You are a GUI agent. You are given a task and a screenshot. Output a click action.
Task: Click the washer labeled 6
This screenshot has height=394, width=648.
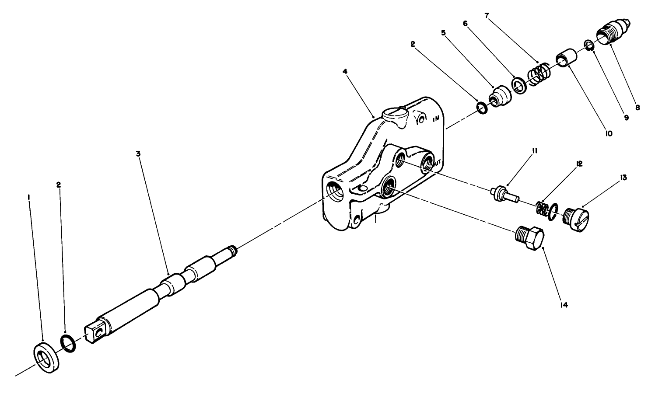519,86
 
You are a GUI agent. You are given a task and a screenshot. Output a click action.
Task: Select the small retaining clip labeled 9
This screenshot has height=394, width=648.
589,45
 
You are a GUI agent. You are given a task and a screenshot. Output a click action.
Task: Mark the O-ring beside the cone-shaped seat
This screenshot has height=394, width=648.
481,108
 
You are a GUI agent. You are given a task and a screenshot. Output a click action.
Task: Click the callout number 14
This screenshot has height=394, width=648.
564,305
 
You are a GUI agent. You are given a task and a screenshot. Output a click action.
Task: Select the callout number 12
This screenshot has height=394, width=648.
579,164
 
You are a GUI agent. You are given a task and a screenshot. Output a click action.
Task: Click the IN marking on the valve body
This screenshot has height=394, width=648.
436,119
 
